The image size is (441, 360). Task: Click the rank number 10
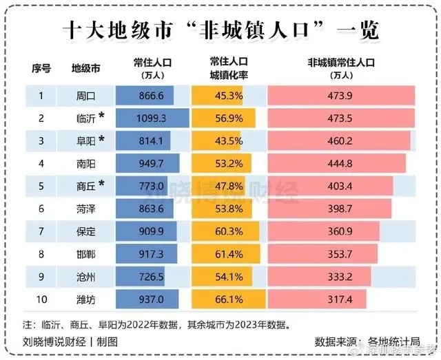click(41, 299)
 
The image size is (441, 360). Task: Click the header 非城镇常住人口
click(340, 63)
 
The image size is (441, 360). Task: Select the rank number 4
click(41, 163)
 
